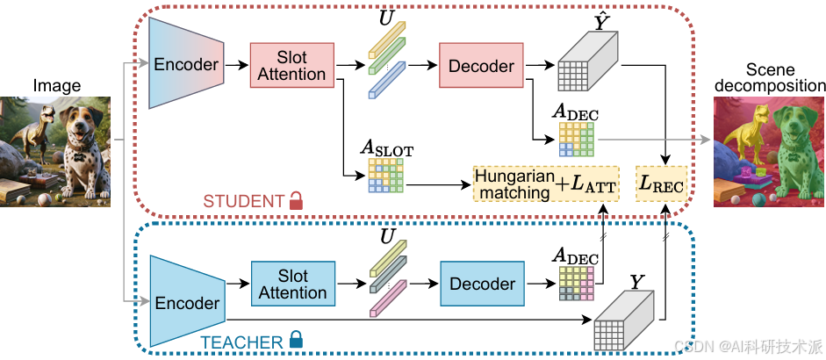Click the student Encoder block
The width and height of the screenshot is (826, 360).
[186, 64]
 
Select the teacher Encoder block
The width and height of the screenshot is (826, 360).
[186, 302]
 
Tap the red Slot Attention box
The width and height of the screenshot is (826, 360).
[291, 65]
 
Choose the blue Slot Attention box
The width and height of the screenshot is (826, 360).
[291, 283]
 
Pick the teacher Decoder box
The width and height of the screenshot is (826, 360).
[482, 284]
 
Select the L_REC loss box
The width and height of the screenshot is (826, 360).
[664, 184]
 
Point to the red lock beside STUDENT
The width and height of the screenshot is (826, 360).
[296, 202]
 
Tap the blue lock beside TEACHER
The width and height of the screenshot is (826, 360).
[296, 338]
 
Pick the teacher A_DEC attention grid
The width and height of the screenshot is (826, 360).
[577, 283]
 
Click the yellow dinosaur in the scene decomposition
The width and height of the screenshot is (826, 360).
[740, 145]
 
